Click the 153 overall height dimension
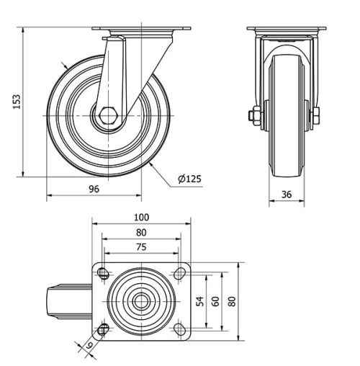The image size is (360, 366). pos(16,103)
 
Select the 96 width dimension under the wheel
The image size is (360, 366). pos(94,189)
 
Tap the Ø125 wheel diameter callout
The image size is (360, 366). pos(189,179)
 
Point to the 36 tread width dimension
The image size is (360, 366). pos(286,194)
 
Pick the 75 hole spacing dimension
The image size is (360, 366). pos(141,246)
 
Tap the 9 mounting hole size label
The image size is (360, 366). pos(89,345)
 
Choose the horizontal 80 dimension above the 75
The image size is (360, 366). pos(141,232)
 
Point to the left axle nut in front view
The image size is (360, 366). pos(255,115)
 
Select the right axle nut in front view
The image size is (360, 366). pos(315,115)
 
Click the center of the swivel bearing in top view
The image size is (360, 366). pos(141,300)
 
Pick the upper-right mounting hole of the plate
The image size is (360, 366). pos(179,273)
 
